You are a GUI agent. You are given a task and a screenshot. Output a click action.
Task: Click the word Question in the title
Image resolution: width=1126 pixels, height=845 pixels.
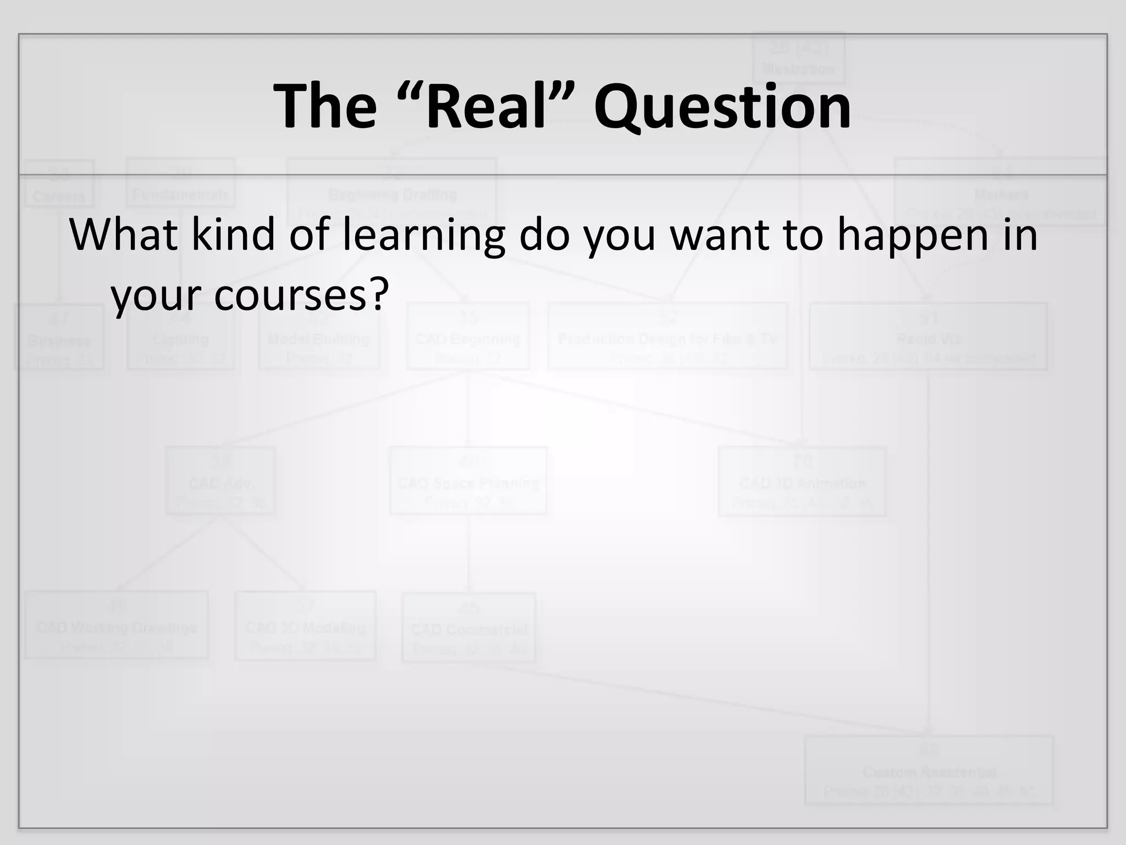pyautogui.click(x=722, y=107)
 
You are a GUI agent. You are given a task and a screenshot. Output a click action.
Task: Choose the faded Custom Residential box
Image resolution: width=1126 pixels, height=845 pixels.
pyautogui.click(x=929, y=770)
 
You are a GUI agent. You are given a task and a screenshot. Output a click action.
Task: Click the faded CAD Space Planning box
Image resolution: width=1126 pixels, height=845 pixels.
pyautogui.click(x=468, y=481)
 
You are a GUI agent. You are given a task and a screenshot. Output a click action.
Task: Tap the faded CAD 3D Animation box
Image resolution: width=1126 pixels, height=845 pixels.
pyautogui.click(x=802, y=481)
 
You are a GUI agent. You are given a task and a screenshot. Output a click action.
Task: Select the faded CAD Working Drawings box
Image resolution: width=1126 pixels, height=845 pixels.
pyautogui.click(x=117, y=625)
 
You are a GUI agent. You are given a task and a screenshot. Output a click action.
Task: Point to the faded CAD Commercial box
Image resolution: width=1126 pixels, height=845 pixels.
pyautogui.click(x=468, y=627)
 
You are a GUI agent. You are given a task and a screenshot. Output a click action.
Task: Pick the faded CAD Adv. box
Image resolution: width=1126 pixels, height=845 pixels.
pyautogui.click(x=220, y=481)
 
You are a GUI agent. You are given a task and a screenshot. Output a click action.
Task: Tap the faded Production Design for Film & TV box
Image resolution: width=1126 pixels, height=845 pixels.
pyautogui.click(x=667, y=336)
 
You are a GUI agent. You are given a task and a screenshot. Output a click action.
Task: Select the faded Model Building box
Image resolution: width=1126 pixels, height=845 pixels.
pyautogui.click(x=319, y=336)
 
